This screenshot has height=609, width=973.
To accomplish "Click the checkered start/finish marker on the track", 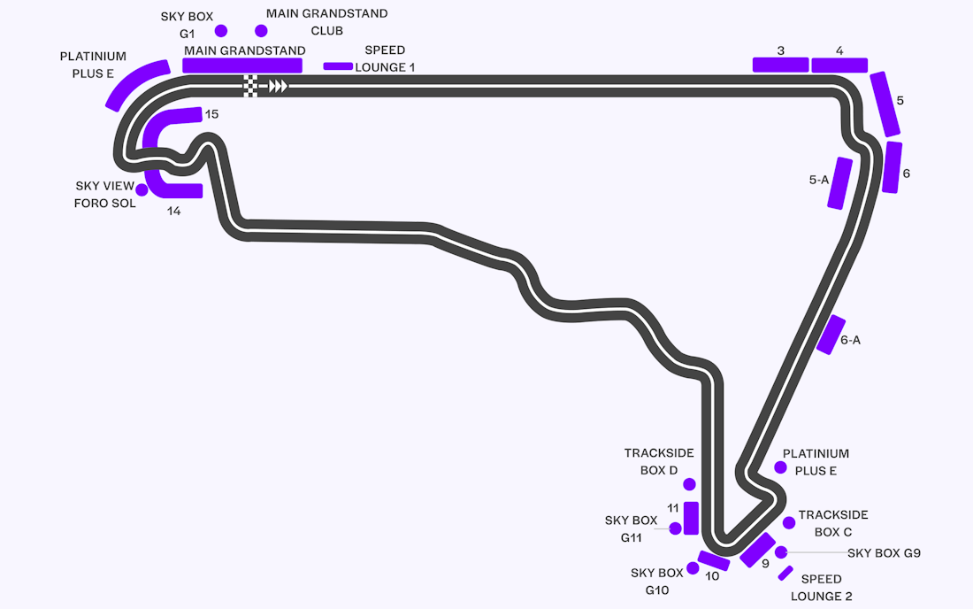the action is click(x=250, y=86).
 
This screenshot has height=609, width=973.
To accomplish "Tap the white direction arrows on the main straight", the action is click(x=278, y=86).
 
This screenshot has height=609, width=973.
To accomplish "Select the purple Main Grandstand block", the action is click(x=242, y=66).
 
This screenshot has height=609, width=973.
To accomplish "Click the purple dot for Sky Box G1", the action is click(x=221, y=30).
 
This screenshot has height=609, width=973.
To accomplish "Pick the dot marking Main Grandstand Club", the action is click(x=261, y=30).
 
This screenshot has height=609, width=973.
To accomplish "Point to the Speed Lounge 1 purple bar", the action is click(x=338, y=66).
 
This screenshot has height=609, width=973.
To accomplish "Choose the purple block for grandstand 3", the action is click(x=781, y=65).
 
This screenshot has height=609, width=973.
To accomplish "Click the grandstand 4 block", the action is click(x=839, y=65).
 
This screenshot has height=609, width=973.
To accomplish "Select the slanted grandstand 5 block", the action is click(x=885, y=104).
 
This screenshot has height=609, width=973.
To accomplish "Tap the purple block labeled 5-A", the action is click(x=840, y=183).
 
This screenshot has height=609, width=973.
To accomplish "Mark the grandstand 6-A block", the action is click(x=831, y=335).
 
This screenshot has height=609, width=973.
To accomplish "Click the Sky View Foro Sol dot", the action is click(x=142, y=189).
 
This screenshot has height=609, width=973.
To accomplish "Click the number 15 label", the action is click(x=211, y=113).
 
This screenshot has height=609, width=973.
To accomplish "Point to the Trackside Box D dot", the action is click(x=689, y=484).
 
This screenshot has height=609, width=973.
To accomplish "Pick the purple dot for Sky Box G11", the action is click(x=675, y=528).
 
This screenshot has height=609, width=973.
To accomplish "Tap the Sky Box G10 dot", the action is click(x=693, y=568).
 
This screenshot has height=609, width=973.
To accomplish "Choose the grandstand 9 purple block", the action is click(x=758, y=550).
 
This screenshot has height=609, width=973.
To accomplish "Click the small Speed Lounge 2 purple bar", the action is click(x=785, y=573).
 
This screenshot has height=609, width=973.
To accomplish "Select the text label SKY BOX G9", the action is click(x=884, y=552).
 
